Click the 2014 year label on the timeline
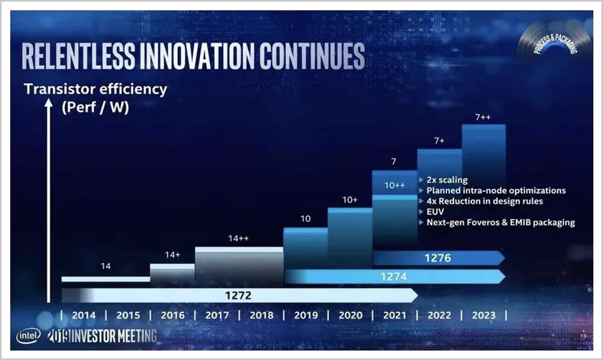[x=83, y=315]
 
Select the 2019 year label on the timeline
[x=306, y=315]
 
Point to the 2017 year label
[x=217, y=315]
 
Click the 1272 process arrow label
[x=238, y=295]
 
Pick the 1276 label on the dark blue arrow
[x=438, y=258]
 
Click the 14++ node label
[x=239, y=238]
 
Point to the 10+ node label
[x=350, y=200]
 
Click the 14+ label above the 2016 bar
[x=172, y=254]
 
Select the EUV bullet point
[x=435, y=212]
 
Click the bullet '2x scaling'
[x=447, y=180]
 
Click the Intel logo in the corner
[x=28, y=336]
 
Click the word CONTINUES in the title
[x=312, y=57]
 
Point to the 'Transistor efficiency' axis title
[x=95, y=90]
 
